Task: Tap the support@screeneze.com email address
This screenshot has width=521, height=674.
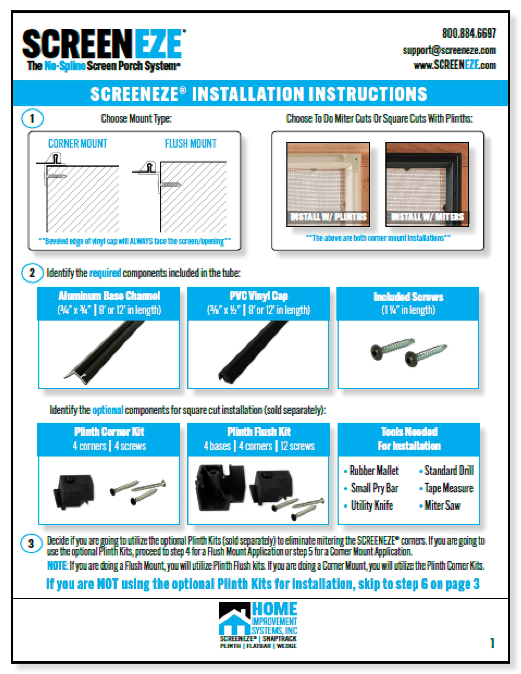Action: click(449, 50)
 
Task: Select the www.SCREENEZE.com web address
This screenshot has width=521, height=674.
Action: click(455, 65)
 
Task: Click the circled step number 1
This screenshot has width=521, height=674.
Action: click(32, 119)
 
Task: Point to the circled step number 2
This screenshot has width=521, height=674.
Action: click(32, 273)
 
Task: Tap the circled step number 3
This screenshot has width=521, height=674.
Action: click(31, 544)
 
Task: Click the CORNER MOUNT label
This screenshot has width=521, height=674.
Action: click(78, 144)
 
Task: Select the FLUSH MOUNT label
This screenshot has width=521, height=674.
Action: click(190, 144)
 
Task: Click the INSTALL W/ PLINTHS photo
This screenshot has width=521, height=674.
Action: click(328, 184)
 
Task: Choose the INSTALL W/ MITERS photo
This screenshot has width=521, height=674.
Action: click(427, 184)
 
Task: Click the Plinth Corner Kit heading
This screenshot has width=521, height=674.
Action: click(109, 432)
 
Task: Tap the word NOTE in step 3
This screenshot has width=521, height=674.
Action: click(57, 566)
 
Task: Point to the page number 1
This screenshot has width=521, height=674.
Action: click(492, 643)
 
